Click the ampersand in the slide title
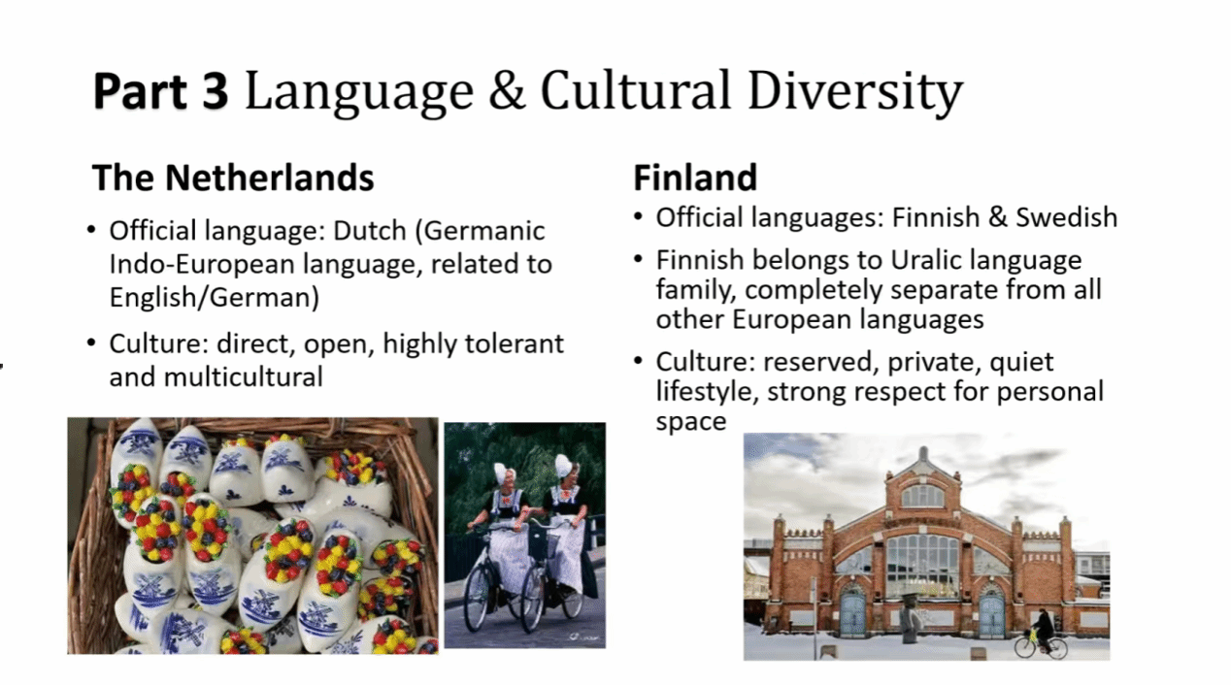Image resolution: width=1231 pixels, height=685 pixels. coord(506,90)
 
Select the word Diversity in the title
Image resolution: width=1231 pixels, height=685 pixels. coord(855,93)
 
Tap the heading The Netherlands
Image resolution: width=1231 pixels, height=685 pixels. coord(233,178)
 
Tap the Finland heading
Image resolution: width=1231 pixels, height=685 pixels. coord(695,178)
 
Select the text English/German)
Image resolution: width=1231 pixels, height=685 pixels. coord(215,297)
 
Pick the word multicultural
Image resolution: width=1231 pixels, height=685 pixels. coord(244,377)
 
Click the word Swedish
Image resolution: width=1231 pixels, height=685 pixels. coord(1066,217)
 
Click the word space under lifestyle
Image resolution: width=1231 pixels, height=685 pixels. coord(691,422)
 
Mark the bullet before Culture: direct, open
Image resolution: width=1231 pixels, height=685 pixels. coord(91,343)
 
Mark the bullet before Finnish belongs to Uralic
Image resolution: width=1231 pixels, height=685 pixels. coord(638,259)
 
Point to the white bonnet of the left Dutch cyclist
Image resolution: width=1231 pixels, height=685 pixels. coord(502,473)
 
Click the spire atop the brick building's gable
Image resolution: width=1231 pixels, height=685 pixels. coord(923,454)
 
